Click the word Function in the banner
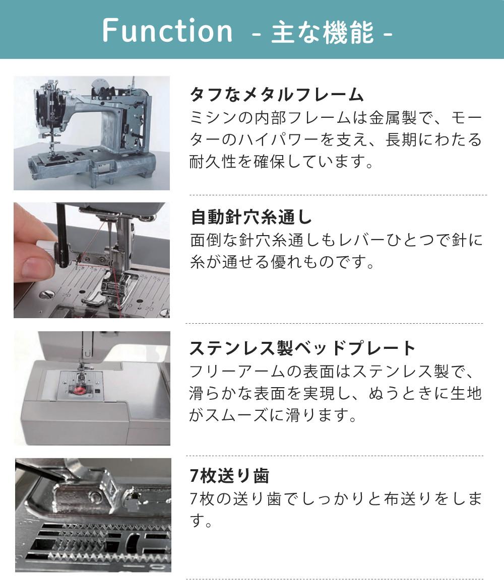pos(167,30)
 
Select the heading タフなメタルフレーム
pos(277,94)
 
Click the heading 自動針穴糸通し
pos(251,217)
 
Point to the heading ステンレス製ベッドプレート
pos(302,348)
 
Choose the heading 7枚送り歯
pos(229,476)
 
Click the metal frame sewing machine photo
pos(92,133)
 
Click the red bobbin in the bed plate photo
pos(79,391)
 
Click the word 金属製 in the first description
pos(393,118)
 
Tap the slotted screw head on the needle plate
pos(47,295)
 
